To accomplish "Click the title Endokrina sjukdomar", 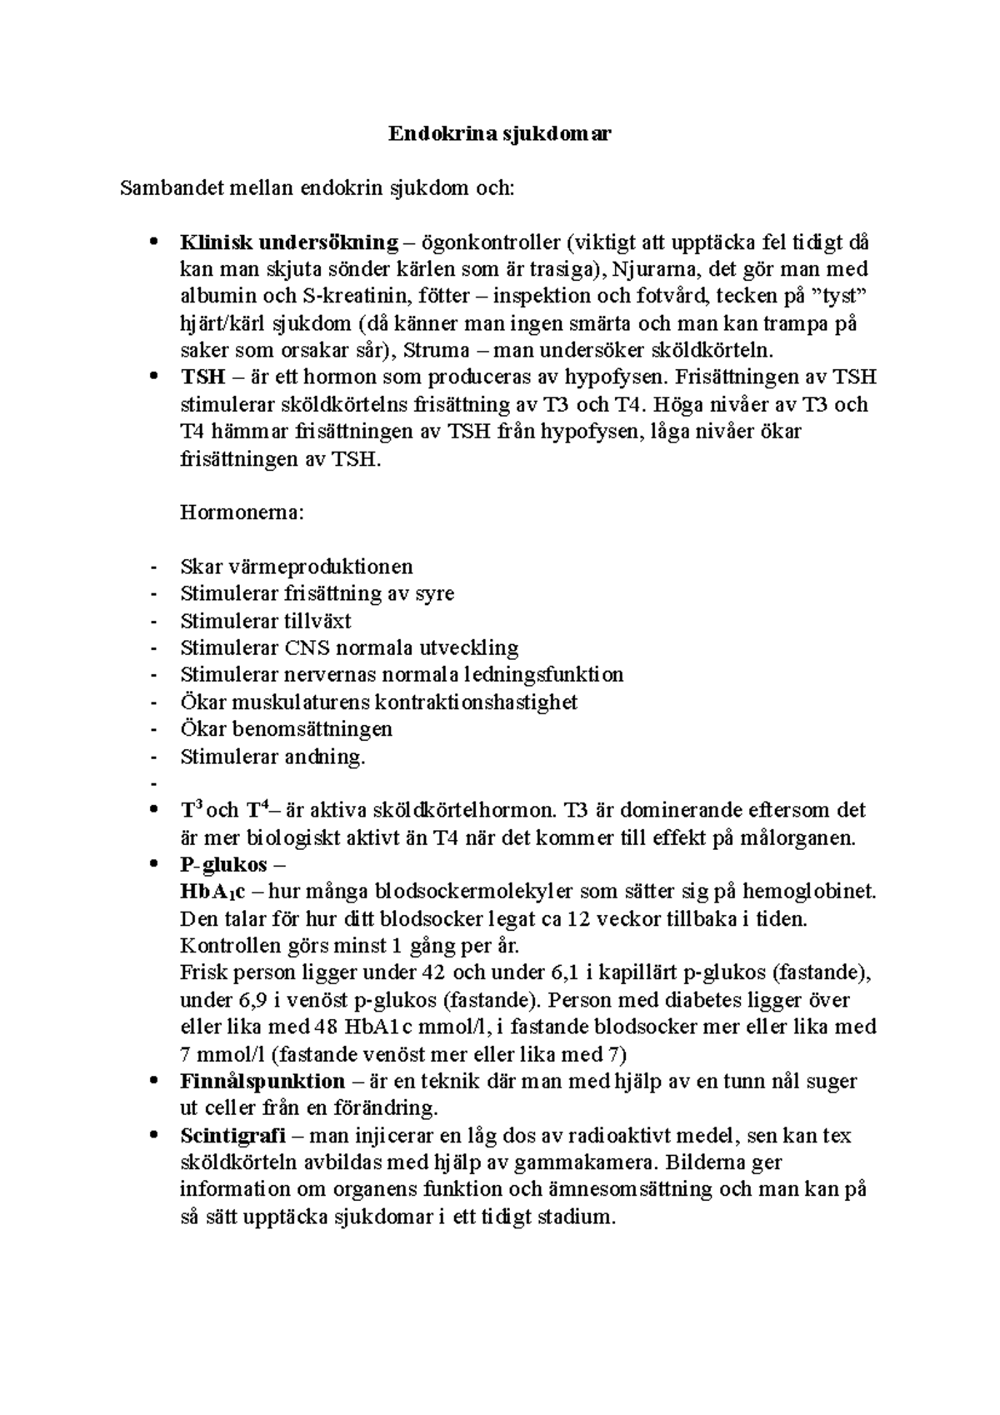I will point(499,133).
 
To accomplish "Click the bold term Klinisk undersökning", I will point(289,242).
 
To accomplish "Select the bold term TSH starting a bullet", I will point(202,377).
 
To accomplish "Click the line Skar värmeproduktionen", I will point(297,567).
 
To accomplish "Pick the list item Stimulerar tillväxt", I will point(265,621).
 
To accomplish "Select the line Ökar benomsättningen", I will point(286,729).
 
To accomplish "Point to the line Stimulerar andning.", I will point(272,757).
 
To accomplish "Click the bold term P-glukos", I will point(223,864).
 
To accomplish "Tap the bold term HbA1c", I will point(212,892).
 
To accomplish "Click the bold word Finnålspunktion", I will point(262,1082).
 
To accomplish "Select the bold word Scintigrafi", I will point(232,1136).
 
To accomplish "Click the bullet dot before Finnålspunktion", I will point(152,1082).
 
